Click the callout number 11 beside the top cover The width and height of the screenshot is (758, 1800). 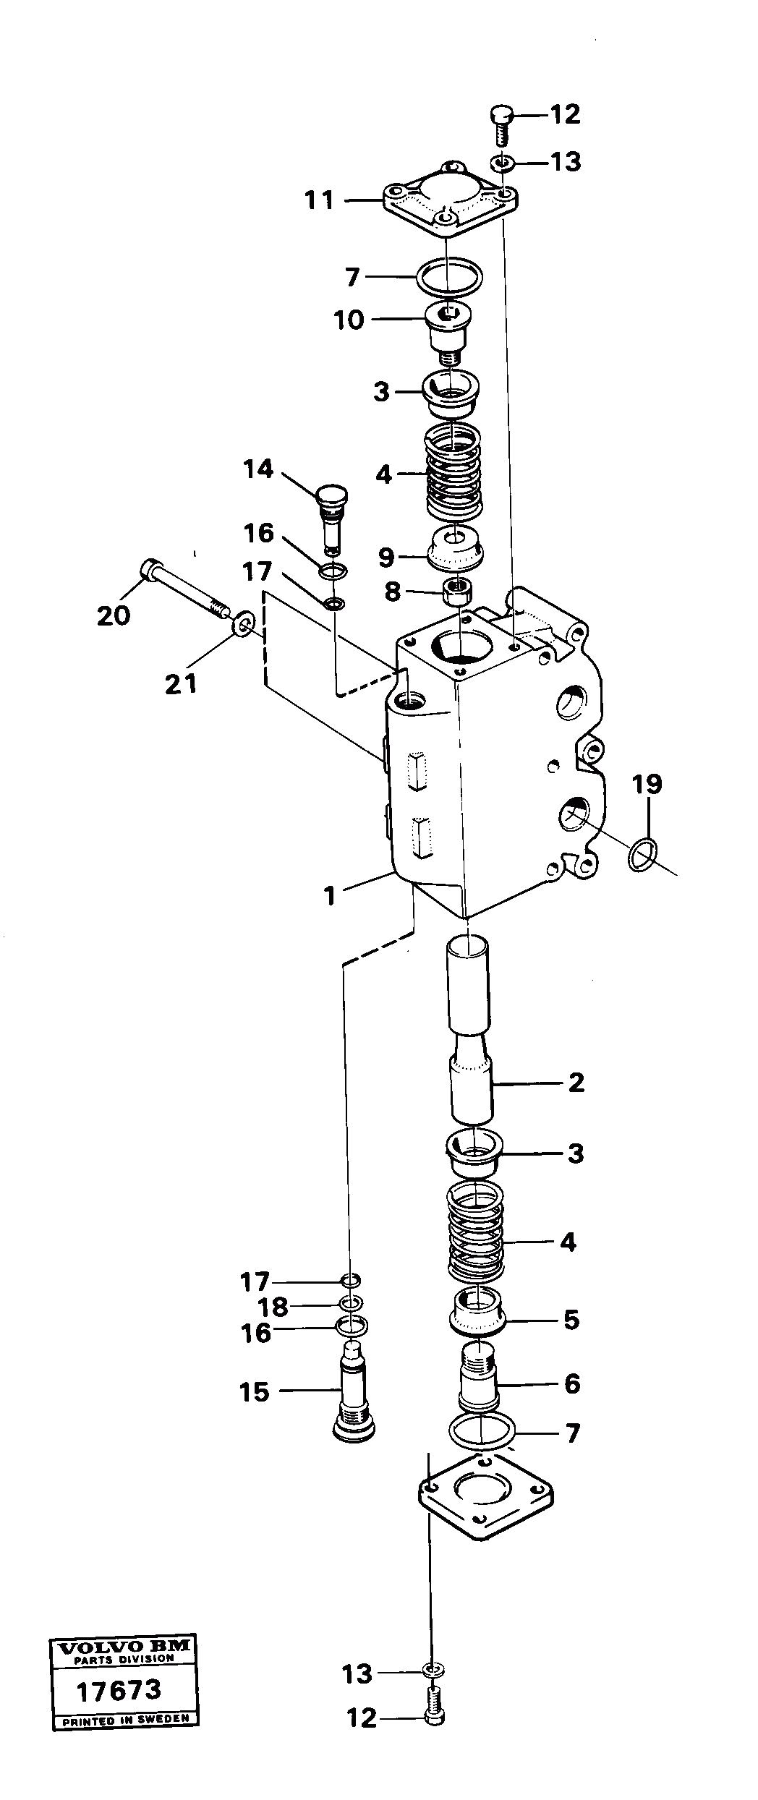tap(319, 200)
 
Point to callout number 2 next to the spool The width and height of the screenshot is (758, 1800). tap(576, 1083)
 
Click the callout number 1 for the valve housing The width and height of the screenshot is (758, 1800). tap(330, 896)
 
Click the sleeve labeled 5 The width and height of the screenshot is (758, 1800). tap(477, 1310)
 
